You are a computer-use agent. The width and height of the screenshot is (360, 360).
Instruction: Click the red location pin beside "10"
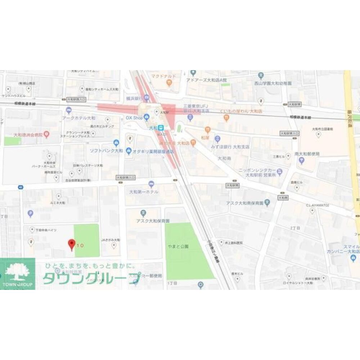click(72, 245)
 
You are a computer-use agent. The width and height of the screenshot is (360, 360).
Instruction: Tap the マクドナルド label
click(163, 76)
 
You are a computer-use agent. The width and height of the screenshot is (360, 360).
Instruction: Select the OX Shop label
click(134, 118)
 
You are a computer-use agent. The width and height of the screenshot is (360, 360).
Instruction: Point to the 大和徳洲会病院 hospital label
click(28, 135)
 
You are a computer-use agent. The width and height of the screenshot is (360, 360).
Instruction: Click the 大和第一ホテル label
click(144, 192)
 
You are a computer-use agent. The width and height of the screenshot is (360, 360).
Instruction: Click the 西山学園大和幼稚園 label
click(273, 83)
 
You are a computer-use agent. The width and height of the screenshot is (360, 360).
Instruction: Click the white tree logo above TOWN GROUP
click(17, 272)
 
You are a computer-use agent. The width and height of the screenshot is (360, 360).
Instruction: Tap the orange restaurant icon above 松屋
click(207, 130)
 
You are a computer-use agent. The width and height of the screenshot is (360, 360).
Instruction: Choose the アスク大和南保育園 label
click(245, 203)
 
